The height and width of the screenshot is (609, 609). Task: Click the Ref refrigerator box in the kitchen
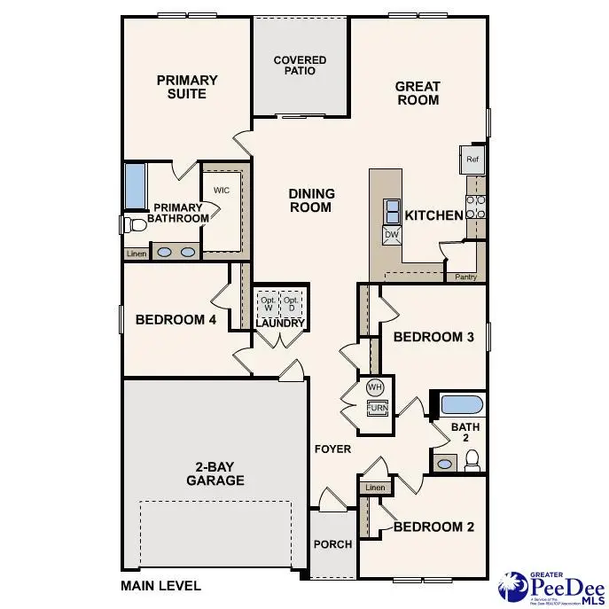tap(472, 160)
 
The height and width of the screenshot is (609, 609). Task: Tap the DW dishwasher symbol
tap(392, 235)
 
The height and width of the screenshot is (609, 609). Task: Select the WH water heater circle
tap(375, 387)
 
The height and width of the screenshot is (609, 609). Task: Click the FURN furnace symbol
tap(377, 408)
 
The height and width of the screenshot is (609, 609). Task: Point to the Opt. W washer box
tap(268, 303)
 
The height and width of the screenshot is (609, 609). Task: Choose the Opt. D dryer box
tap(292, 303)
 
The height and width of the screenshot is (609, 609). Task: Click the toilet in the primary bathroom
tap(129, 224)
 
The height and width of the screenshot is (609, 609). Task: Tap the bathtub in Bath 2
tap(461, 406)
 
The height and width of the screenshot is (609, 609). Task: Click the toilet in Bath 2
tap(472, 460)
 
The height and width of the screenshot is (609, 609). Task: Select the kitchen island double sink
tap(392, 211)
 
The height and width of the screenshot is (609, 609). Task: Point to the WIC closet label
tap(221, 191)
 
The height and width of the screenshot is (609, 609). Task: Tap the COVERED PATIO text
tap(300, 66)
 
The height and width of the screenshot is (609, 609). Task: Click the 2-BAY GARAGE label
tap(215, 473)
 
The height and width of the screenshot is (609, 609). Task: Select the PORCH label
tap(333, 544)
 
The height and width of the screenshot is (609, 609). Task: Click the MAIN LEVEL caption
tap(160, 585)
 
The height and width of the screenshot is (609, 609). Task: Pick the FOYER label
tap(332, 449)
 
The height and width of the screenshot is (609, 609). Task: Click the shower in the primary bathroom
tap(135, 185)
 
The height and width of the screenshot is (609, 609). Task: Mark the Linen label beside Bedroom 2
tap(375, 488)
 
